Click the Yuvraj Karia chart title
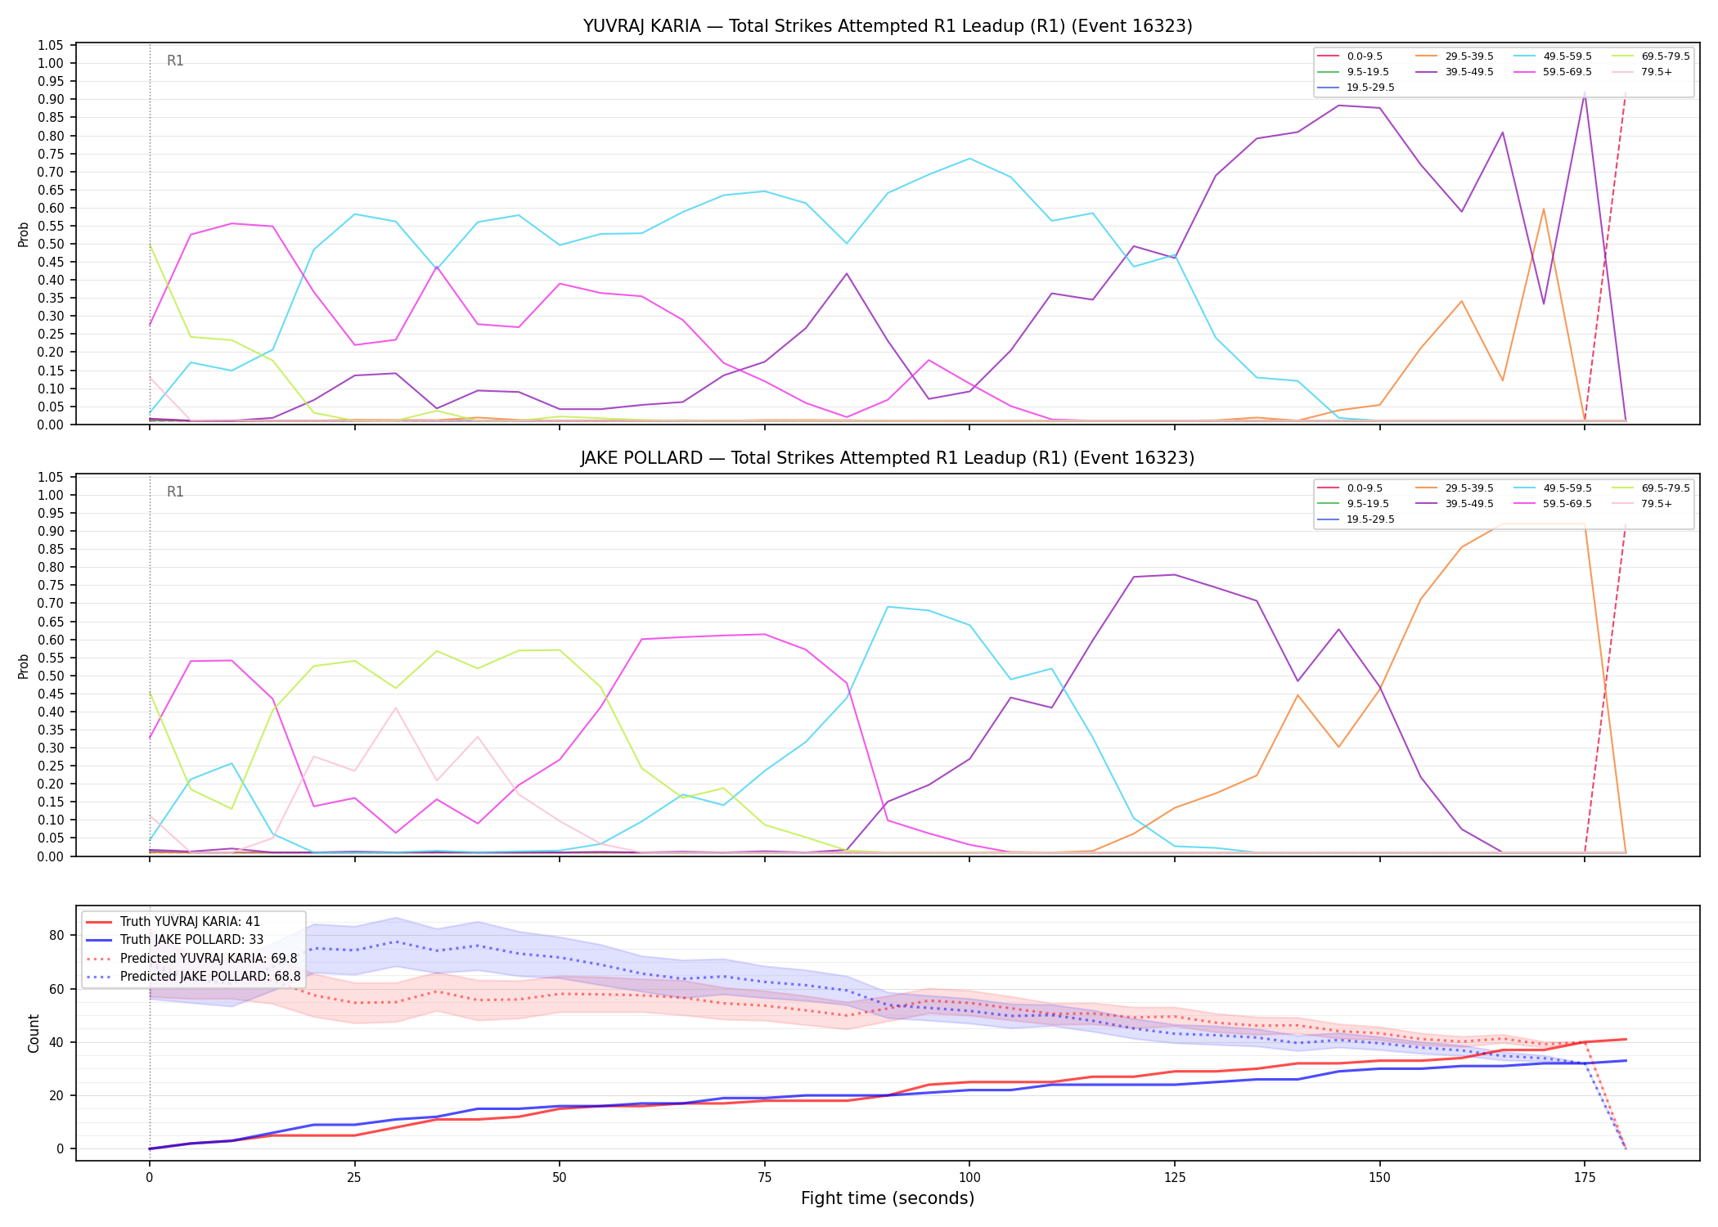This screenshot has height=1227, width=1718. pos(888,26)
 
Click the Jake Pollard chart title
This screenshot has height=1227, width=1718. pos(888,458)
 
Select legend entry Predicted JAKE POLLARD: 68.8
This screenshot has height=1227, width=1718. pos(192,976)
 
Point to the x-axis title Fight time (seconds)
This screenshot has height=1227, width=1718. pos(888,1198)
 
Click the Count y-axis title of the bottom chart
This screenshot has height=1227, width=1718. pos(34,1033)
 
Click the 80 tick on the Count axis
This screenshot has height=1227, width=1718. pos(57,935)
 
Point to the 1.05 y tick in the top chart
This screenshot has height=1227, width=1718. pos(51,45)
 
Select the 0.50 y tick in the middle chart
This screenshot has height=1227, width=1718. pos(51,676)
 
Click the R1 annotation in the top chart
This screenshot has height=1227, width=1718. pos(175,61)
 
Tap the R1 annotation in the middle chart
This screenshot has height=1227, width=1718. pos(175,492)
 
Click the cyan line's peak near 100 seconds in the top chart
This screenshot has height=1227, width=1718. pos(969,159)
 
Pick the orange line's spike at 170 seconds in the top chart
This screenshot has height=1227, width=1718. pos(1544,209)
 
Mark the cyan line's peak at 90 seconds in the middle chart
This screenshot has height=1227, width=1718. pos(888,607)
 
